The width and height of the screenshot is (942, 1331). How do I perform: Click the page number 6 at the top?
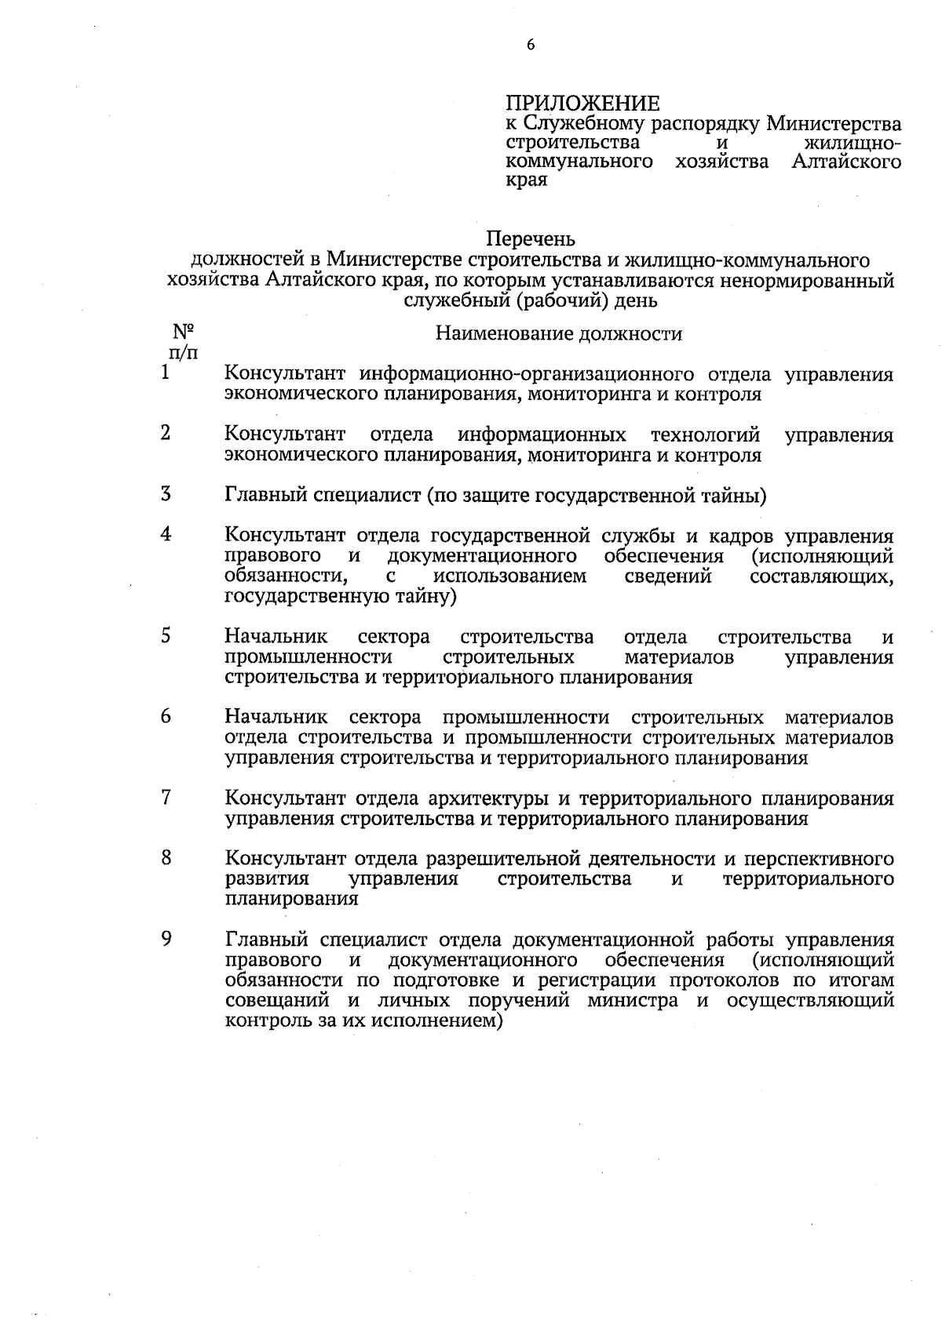click(531, 46)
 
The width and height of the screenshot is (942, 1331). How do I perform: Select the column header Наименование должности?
click(559, 334)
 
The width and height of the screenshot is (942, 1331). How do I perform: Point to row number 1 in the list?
click(166, 373)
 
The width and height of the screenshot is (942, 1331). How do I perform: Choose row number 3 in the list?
click(166, 495)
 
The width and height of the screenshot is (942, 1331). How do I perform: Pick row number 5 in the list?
click(166, 636)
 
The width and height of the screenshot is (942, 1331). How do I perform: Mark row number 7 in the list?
click(166, 798)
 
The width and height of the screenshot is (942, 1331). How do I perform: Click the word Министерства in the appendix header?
click(834, 124)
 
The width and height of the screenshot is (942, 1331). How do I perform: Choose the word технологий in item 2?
click(706, 435)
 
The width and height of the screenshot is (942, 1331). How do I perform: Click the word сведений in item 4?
click(668, 577)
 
